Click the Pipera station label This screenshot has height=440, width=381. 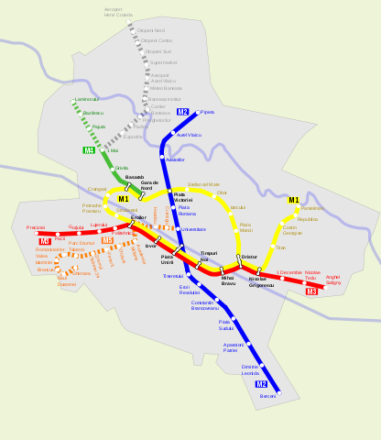[x=207, y=112]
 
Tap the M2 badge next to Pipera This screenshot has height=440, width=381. [x=183, y=112]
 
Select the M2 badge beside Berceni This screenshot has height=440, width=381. [x=261, y=385]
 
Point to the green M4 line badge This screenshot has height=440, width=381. [x=89, y=149]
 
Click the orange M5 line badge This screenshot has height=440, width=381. [x=108, y=240]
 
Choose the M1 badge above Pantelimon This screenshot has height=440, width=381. [x=293, y=200]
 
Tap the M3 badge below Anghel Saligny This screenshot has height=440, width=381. [x=312, y=291]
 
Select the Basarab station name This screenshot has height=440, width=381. [x=135, y=177]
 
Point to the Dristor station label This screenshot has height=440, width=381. [x=249, y=257]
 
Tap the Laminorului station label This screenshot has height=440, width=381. [x=86, y=98]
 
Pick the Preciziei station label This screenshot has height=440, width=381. [x=36, y=226]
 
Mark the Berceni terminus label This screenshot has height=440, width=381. [x=267, y=396]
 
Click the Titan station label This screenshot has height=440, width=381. [x=280, y=247]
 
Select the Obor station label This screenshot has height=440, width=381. [x=221, y=192]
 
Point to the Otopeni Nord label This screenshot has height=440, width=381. [x=151, y=30]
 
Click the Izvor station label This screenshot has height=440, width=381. [x=151, y=247]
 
